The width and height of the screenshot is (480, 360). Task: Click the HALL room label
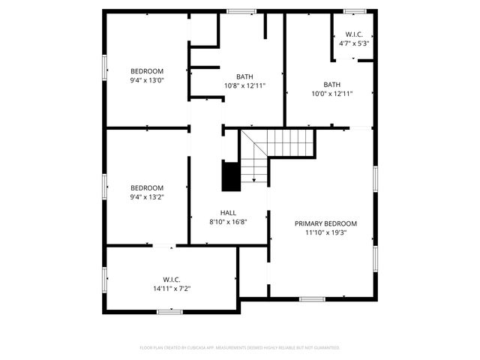(228, 212)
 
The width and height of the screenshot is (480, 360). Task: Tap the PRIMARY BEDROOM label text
(325, 223)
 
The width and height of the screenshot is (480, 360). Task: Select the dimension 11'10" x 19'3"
(325, 232)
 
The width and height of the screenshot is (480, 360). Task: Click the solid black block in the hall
(230, 176)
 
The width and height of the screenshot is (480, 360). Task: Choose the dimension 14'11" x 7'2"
(172, 289)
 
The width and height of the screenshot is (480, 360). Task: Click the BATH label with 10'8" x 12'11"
(244, 76)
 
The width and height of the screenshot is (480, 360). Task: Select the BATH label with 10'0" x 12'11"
(331, 85)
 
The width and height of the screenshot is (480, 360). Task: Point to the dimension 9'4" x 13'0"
(147, 80)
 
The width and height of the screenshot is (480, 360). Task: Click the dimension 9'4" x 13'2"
(147, 197)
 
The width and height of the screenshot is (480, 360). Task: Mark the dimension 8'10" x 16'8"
(228, 221)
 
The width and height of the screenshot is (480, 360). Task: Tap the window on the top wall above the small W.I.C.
(354, 10)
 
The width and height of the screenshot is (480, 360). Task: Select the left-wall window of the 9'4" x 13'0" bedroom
(104, 69)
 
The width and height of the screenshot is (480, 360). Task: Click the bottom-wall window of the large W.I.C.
(169, 311)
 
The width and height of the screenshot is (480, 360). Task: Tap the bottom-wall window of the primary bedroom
(312, 298)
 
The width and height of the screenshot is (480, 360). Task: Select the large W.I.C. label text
(172, 280)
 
